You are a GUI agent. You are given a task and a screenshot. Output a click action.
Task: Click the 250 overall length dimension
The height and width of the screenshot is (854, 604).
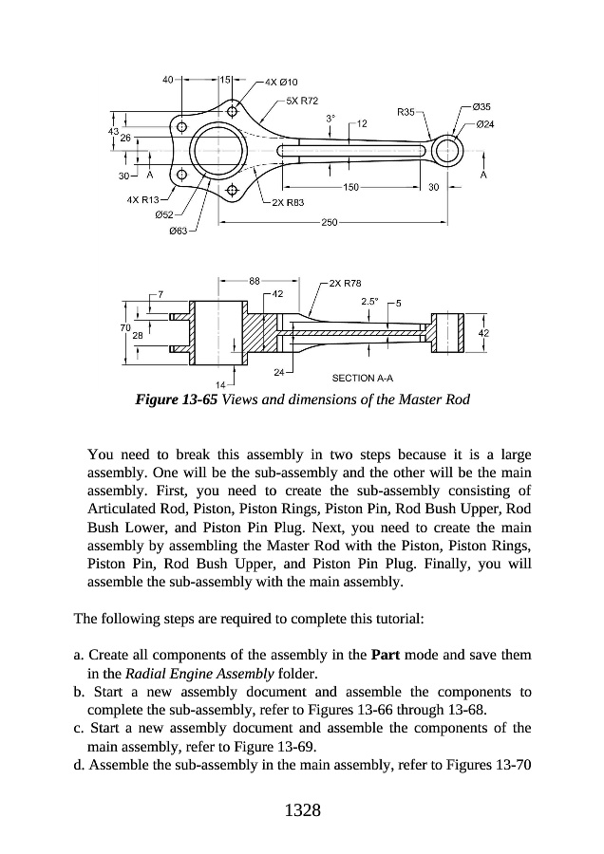pos(330,222)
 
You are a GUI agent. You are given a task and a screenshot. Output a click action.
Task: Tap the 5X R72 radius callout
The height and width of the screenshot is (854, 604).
pos(301,100)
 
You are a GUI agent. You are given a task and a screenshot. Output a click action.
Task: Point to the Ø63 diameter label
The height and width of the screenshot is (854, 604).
pos(179,231)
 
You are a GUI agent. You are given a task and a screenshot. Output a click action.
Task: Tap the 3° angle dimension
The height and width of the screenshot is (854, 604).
pos(330,119)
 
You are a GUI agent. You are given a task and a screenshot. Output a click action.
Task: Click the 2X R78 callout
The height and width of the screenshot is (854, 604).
pos(346,283)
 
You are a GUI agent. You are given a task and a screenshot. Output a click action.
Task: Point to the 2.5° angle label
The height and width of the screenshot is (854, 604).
pos(371,301)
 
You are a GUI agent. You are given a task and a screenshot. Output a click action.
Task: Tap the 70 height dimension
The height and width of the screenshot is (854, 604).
pos(125,327)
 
